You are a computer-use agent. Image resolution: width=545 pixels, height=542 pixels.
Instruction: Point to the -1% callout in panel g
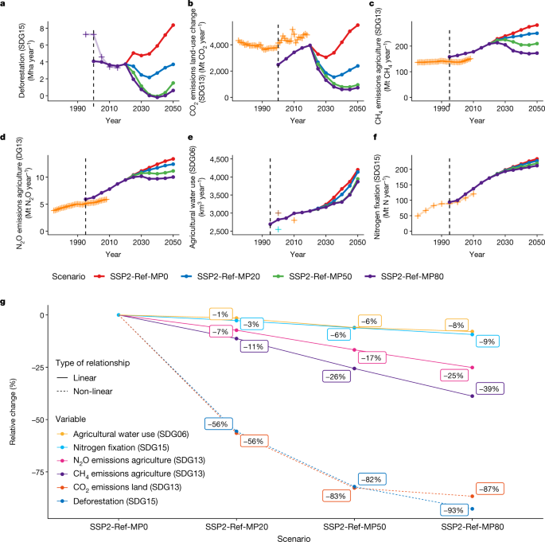pos(221,314)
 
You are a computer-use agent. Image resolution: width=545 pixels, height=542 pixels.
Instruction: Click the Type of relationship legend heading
pos(101,362)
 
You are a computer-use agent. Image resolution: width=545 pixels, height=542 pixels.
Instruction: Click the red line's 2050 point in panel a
pos(173,25)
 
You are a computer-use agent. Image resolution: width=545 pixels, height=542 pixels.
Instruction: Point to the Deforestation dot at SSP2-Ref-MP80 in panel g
pos(473,509)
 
